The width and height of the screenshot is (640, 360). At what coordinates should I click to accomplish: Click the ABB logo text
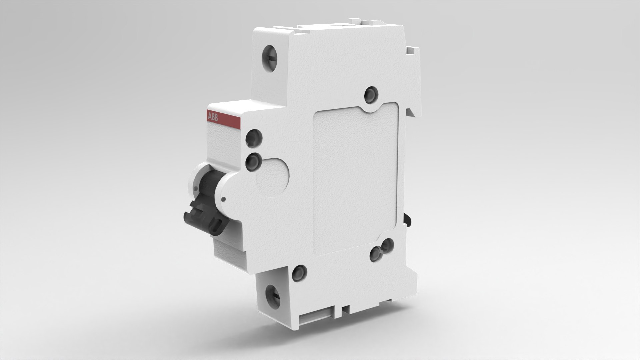[213, 117]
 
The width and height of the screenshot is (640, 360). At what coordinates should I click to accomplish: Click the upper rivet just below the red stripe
[253, 138]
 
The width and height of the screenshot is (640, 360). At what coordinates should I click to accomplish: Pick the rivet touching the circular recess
[253, 162]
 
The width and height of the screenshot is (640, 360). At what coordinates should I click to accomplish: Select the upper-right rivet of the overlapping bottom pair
[387, 245]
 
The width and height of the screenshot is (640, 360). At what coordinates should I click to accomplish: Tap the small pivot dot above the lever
[223, 199]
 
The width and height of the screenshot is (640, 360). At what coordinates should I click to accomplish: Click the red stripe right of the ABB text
[230, 119]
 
